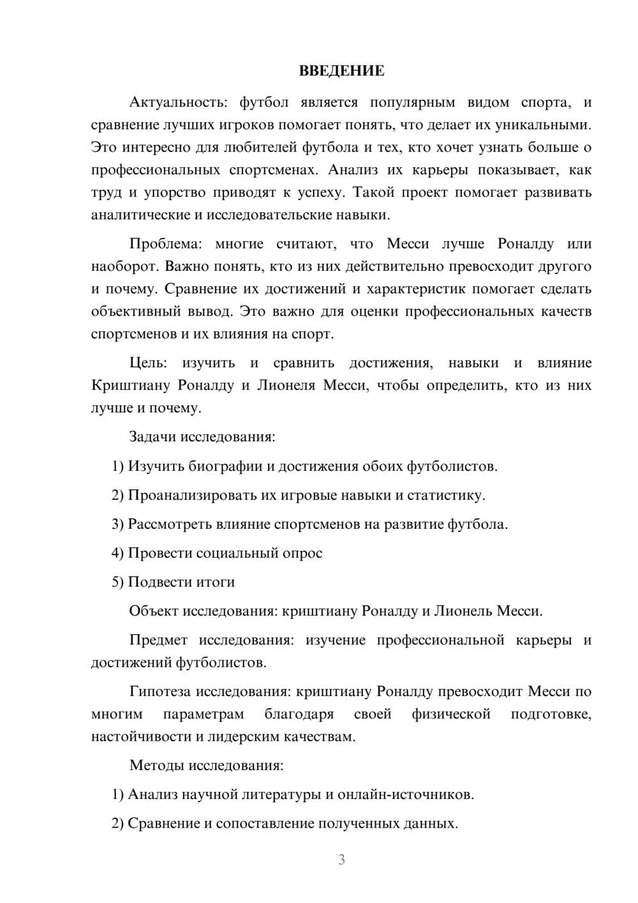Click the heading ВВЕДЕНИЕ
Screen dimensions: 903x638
[341, 71]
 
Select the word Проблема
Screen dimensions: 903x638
[165, 244]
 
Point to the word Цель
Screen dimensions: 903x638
[148, 363]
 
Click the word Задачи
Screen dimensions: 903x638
[153, 437]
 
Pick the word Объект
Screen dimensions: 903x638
[154, 611]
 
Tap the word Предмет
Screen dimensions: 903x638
[158, 640]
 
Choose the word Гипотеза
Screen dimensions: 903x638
[160, 692]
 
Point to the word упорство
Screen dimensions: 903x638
[175, 192]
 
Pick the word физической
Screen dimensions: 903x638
[451, 714]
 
